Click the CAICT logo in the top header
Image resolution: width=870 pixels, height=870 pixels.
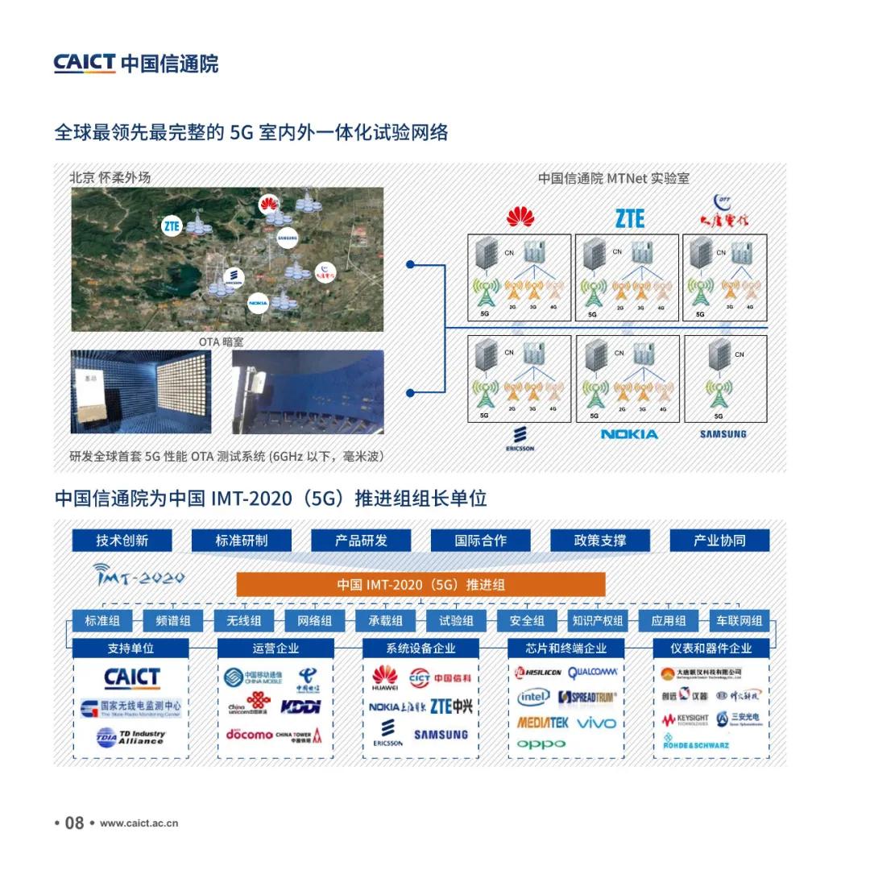[135, 64]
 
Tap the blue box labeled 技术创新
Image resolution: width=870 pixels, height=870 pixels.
[122, 541]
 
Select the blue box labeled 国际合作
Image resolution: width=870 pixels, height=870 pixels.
[480, 541]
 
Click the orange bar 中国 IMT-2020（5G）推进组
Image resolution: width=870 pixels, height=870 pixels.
[420, 584]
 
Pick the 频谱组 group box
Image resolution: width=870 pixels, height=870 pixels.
[172, 620]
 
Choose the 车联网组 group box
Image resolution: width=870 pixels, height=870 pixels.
[739, 620]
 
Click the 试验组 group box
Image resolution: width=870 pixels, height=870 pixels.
[456, 620]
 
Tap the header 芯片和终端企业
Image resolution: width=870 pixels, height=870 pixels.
[565, 648]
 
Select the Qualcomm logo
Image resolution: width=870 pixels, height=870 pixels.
[592, 672]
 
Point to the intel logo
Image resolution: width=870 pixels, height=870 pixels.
[533, 697]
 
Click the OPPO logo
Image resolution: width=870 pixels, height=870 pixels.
[541, 744]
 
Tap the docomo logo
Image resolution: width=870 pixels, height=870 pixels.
[249, 734]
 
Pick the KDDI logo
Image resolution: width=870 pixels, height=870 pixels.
[300, 706]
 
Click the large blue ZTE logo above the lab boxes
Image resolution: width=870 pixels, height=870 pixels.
[630, 217]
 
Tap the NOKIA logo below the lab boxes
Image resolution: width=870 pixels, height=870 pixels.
[629, 434]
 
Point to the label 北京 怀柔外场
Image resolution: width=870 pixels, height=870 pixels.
[110, 178]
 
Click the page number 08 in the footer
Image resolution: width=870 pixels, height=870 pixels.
[74, 822]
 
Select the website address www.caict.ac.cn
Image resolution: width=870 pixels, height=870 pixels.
[139, 823]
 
